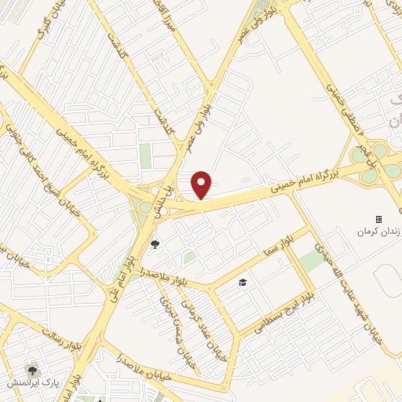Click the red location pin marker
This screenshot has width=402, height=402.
202,185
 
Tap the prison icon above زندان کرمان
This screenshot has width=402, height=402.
378,219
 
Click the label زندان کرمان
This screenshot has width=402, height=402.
374,232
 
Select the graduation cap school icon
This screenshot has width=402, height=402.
243,281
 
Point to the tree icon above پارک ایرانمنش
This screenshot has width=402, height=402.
32,369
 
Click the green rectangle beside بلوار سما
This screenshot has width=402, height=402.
312,261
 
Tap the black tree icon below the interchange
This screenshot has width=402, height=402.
155,243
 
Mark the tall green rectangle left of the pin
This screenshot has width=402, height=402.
145,155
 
